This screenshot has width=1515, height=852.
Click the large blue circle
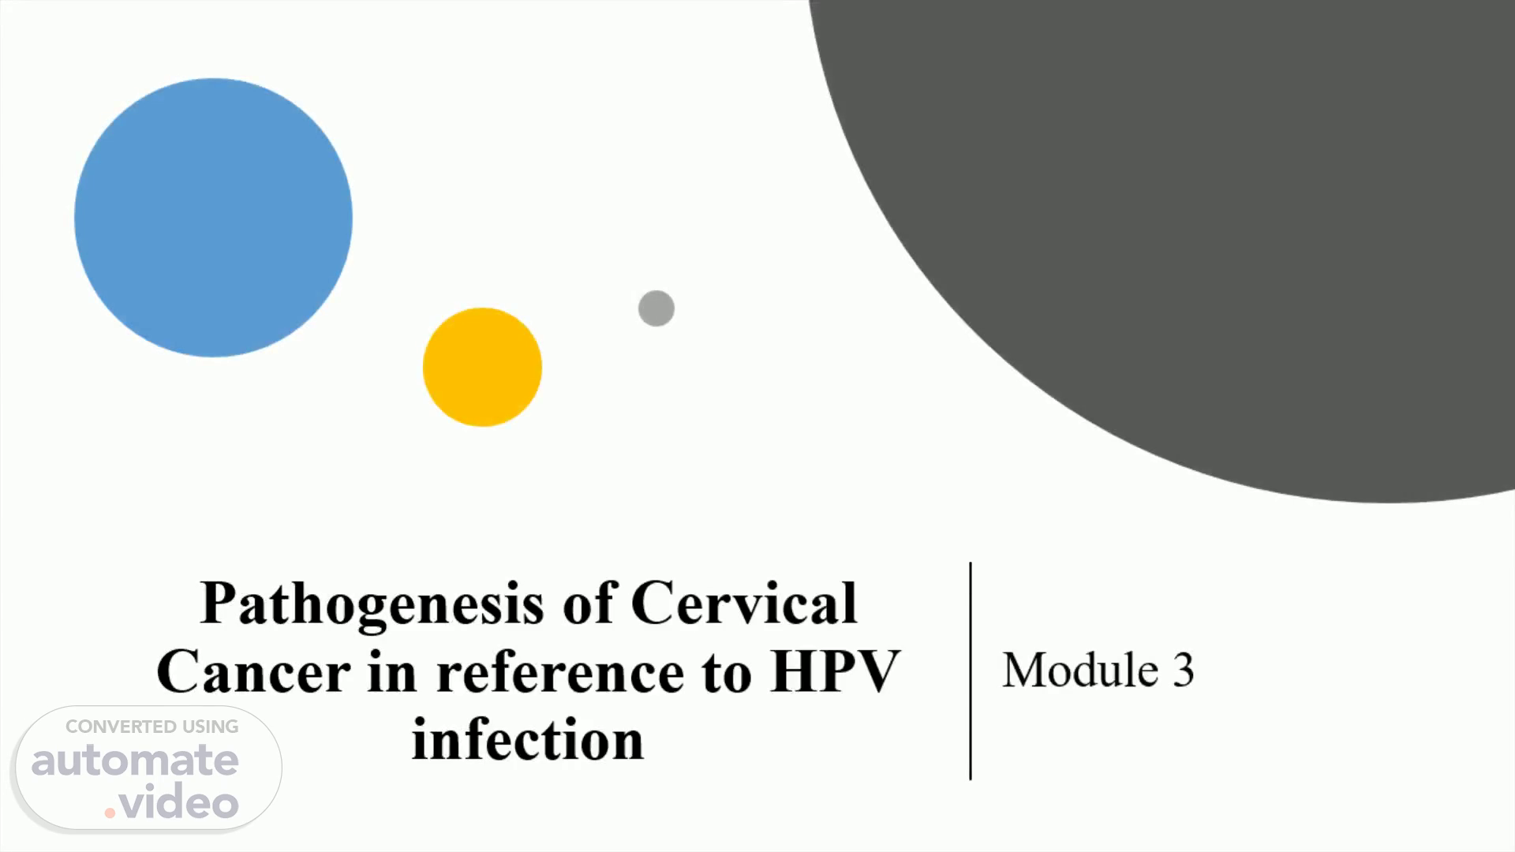tap(213, 218)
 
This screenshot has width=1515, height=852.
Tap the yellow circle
tap(482, 367)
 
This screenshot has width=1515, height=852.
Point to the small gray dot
tap(656, 308)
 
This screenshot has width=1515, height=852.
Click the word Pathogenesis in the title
tap(372, 605)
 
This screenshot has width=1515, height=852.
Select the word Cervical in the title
tap(744, 603)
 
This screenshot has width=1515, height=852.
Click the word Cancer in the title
tap(253, 672)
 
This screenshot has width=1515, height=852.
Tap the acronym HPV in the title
tap(836, 672)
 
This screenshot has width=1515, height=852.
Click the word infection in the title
tap(528, 740)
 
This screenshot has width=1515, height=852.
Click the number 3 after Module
tap(1183, 671)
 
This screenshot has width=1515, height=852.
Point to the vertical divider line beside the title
tap(971, 671)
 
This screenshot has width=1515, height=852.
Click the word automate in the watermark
tap(135, 760)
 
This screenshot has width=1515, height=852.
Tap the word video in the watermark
tap(179, 803)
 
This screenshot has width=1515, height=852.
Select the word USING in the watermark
tap(211, 727)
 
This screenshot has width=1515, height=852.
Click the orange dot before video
tap(110, 813)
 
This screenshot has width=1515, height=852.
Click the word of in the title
tap(589, 603)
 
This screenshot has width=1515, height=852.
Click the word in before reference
tap(392, 672)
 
